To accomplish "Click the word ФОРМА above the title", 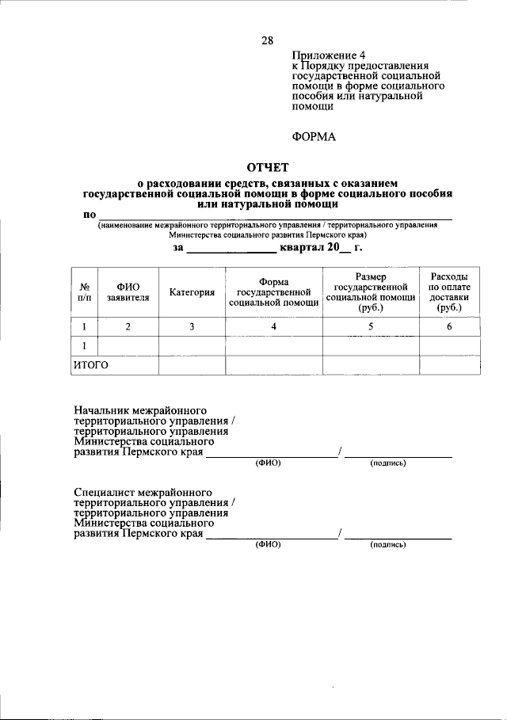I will pos(314,136).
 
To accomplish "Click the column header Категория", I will pos(192,292).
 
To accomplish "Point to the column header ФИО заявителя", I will pos(128,292).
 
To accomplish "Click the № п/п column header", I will pos(84,292).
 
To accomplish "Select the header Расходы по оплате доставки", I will pos(449,292).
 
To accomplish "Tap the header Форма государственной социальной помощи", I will pos(273,292).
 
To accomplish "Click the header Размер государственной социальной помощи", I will pos(371,292).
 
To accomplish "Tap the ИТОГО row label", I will pos(90,365).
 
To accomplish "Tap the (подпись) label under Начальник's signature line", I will pos(388,463).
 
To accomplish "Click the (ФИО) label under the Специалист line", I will pos(268,545).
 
